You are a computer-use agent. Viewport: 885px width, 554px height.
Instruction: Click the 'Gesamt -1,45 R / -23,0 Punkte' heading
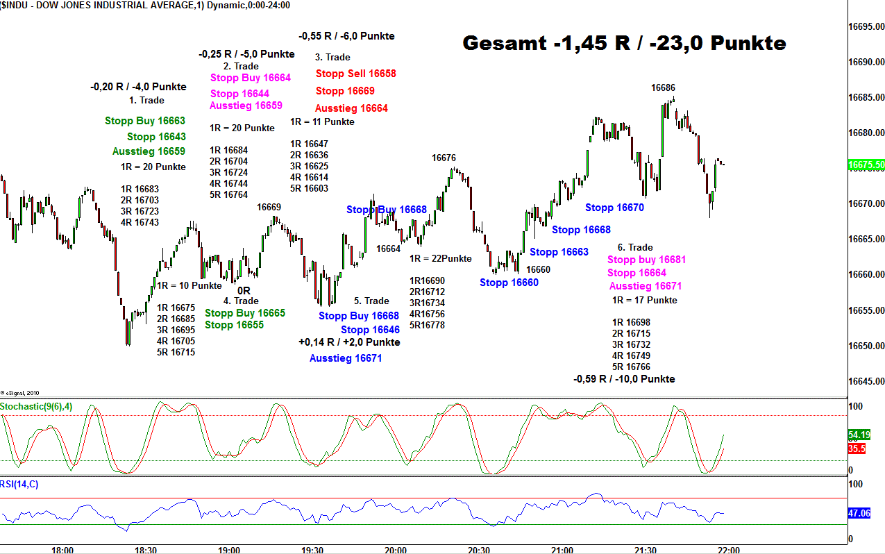coord(624,44)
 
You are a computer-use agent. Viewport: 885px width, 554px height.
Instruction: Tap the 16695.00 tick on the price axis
coord(866,27)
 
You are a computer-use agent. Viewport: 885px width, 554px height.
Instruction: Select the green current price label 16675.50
coord(866,165)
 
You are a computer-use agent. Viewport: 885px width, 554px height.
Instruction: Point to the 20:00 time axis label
coord(395,550)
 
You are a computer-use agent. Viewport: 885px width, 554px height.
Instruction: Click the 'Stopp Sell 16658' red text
coord(355,74)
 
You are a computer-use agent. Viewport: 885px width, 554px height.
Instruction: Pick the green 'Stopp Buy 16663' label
coord(145,121)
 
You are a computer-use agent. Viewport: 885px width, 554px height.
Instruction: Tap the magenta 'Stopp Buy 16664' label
coord(251,78)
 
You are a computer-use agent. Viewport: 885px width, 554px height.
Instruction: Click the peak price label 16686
coord(663,87)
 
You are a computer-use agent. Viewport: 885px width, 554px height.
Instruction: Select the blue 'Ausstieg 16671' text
coord(346,358)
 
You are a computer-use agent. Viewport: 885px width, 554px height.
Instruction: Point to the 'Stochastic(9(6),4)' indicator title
coord(35,406)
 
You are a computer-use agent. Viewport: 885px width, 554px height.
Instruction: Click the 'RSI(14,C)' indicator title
coord(19,484)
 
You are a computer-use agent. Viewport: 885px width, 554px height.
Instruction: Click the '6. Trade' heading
coord(635,247)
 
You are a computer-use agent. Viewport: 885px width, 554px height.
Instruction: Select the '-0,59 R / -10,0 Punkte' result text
coord(624,379)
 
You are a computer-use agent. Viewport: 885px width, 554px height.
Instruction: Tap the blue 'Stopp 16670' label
coord(614,207)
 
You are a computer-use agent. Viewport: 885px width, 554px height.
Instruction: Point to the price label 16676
coord(444,158)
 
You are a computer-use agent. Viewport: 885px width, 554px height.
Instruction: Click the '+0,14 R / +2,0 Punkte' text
coord(349,342)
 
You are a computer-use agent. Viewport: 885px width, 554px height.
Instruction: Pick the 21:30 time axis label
coord(645,550)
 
